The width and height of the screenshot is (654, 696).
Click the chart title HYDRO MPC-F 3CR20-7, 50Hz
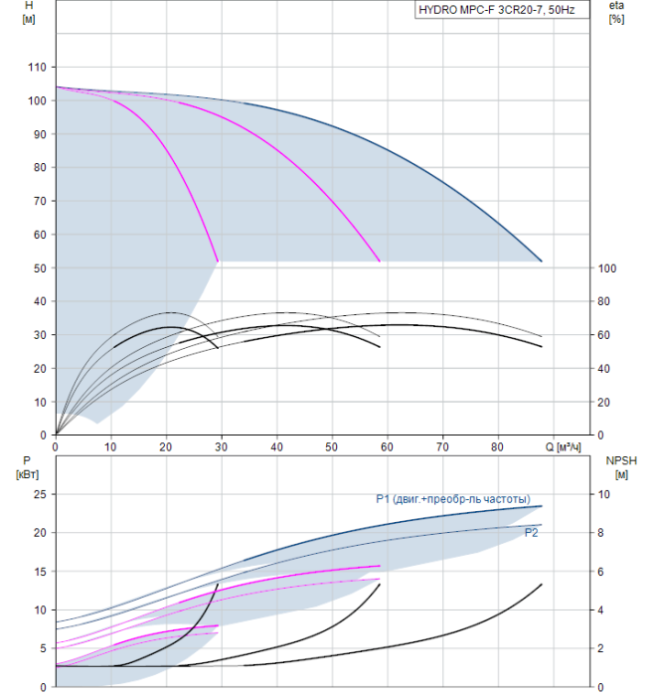pos(497,10)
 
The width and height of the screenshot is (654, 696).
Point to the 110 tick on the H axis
pos(37,67)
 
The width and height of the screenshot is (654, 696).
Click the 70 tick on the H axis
pos(40,201)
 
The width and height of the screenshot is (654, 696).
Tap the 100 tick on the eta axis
pos(607,268)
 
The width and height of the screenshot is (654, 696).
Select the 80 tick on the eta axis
pos(604,301)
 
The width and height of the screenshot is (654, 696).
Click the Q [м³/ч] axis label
pos(563,446)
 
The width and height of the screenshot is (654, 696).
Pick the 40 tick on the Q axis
pos(276,446)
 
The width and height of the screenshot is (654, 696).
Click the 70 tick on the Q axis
pos(442,446)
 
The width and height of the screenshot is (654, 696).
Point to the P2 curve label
pos(531,533)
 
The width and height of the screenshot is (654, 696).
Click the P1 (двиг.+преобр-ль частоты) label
pos(453,499)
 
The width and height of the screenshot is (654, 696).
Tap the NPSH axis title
pos(621,467)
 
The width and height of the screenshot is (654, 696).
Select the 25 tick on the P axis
pos(40,494)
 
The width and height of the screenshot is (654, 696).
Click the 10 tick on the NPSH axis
pos(604,494)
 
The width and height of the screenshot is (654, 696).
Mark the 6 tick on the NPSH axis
pos(600,572)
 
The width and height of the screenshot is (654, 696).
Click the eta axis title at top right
pos(617,12)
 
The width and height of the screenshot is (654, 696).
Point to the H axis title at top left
pos(29,12)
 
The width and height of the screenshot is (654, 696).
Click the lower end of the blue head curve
pos(542,261)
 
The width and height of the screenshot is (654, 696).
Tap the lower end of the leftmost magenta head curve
pos(218,261)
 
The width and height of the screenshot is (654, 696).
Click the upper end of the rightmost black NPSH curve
pos(542,585)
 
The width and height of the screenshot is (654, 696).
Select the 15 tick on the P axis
pos(40,572)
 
